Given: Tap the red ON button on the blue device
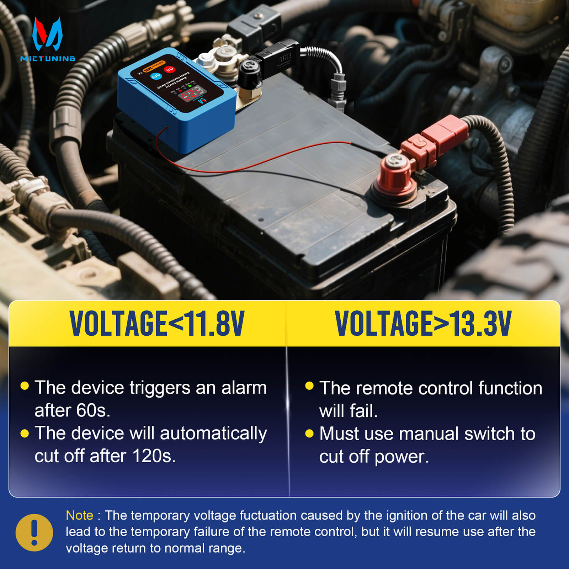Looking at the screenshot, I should point(169,69).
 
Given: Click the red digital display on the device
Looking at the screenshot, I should point(192,94).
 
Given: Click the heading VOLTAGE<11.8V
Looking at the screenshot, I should point(157,323).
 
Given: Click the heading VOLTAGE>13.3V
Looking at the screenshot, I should point(423,323).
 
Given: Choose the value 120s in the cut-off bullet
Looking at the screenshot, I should point(154,456).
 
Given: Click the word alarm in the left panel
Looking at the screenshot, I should point(244,388).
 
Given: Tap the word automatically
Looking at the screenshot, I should point(213,434).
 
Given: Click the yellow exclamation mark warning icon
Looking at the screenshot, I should point(34,532).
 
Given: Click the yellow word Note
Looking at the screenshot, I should point(79,515).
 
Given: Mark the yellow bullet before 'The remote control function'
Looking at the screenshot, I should point(309,386).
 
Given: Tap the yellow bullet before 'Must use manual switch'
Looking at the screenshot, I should point(309,434).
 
